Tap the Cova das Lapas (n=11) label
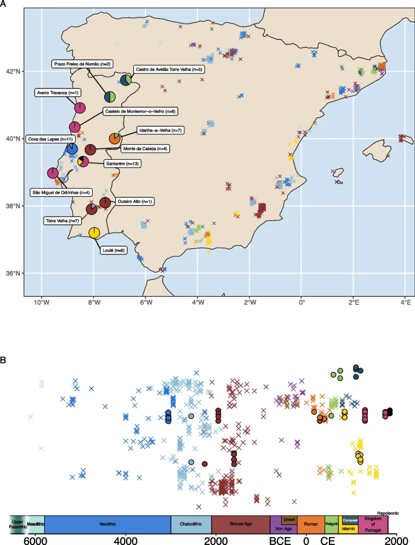49,139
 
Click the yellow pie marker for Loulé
95,233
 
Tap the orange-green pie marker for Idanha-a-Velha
115,139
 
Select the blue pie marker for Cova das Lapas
72,149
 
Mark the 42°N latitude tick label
13,71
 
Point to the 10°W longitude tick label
41,302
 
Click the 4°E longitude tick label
405,302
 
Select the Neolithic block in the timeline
107,524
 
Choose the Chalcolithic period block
190,524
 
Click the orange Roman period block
310,524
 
